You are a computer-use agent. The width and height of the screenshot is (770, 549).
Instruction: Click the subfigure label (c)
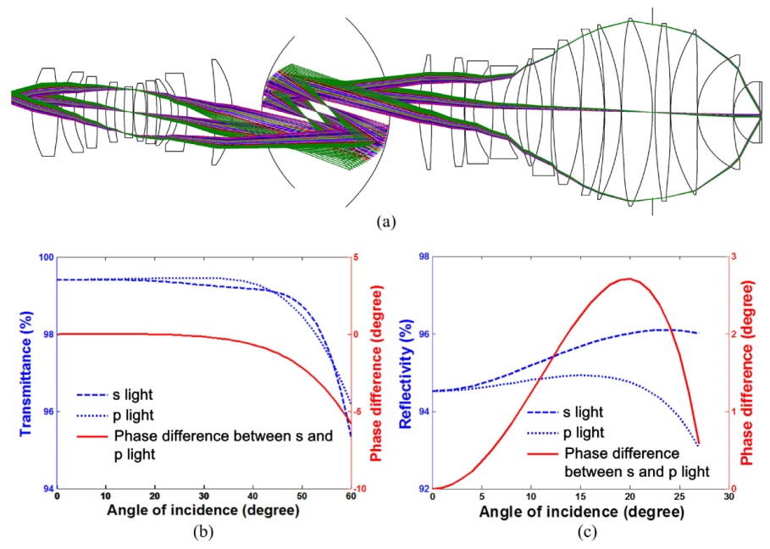tap(584, 534)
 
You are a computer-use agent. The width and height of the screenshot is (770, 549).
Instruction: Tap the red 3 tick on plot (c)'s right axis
tap(734, 258)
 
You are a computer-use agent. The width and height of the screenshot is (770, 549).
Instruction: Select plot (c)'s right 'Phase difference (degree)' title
tap(751, 374)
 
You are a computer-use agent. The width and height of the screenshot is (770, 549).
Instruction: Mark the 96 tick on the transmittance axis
tap(47, 413)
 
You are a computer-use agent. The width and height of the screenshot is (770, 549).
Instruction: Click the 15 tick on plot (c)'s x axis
tap(579, 497)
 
